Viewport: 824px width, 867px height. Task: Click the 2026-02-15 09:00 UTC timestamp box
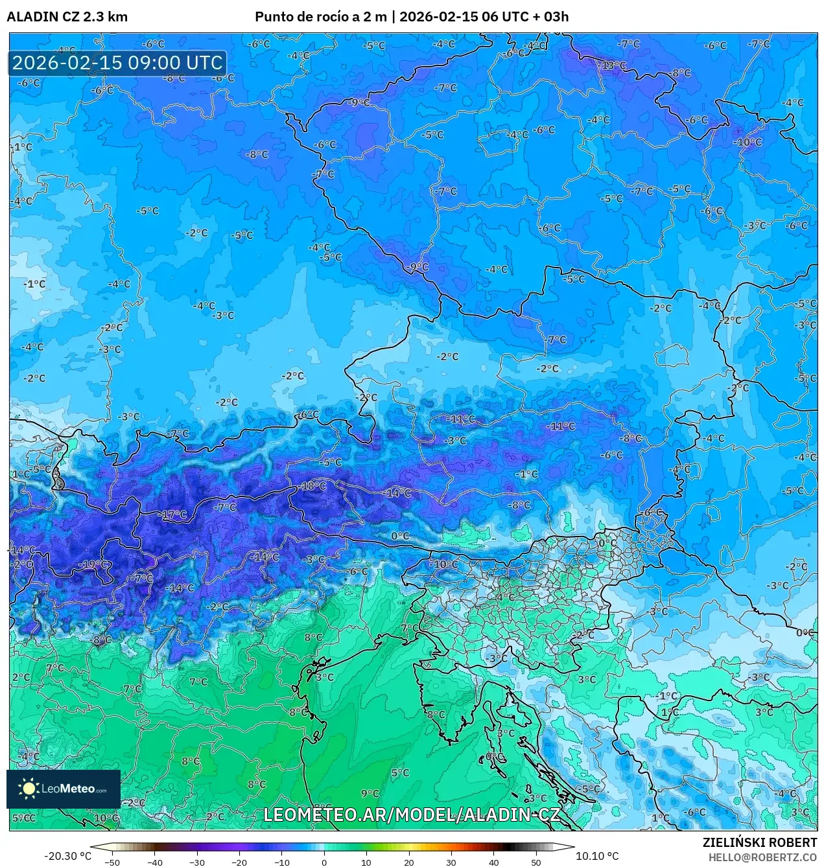[x=117, y=63]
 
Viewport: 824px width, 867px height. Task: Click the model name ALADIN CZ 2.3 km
[x=67, y=17]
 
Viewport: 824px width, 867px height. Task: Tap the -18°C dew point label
[x=314, y=486]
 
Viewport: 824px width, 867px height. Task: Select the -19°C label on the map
[x=93, y=564]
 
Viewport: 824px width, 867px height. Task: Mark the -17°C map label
[x=174, y=514]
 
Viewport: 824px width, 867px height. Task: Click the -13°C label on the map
[x=613, y=65]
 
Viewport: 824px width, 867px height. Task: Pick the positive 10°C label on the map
[x=106, y=818]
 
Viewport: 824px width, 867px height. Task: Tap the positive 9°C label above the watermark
[x=370, y=793]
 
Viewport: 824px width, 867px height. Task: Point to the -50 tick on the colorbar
[x=112, y=862]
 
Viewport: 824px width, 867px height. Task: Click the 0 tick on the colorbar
[x=324, y=862]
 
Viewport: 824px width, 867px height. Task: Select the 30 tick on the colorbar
[x=451, y=862]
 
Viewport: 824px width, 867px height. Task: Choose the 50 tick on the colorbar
[x=536, y=862]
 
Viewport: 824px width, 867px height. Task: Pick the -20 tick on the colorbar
[x=239, y=862]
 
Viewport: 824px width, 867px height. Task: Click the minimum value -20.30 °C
[x=67, y=856]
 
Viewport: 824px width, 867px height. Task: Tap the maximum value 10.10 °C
[x=597, y=856]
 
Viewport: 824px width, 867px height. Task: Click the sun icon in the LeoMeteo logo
[x=29, y=789]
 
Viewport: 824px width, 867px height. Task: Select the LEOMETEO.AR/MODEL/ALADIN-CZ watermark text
[x=412, y=815]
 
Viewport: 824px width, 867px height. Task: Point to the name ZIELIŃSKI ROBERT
[x=760, y=842]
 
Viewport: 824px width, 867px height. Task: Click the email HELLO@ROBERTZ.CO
[x=762, y=857]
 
